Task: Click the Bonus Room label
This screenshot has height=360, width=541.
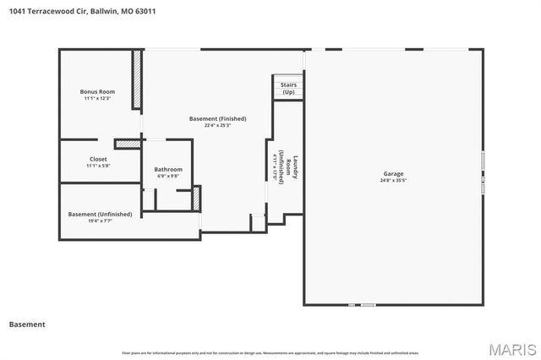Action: click(98, 91)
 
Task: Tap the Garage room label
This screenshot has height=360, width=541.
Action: click(394, 173)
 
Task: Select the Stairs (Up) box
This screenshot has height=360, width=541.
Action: click(288, 88)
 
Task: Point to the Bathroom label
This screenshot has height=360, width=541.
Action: click(168, 169)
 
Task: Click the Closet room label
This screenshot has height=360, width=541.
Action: click(98, 159)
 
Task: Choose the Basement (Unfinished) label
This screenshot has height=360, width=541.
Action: click(100, 214)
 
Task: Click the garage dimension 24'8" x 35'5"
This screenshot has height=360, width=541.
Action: click(394, 180)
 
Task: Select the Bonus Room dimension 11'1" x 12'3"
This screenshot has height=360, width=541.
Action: click(98, 98)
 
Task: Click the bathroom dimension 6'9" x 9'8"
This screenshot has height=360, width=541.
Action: click(168, 176)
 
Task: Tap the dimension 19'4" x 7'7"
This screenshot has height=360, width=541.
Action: click(98, 221)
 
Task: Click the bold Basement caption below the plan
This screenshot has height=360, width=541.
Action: click(27, 324)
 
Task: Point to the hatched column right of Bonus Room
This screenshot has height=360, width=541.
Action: click(136, 80)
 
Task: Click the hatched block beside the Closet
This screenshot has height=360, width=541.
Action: click(127, 144)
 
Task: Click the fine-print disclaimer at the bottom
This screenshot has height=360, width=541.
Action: click(270, 352)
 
